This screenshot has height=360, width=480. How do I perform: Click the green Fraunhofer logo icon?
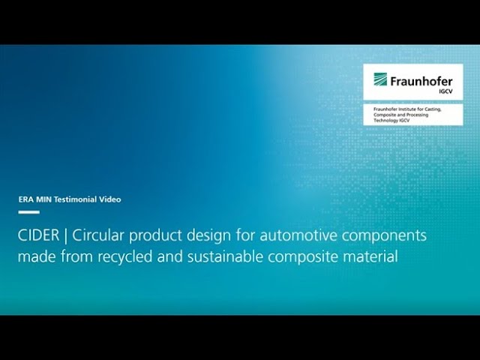tap(380, 79)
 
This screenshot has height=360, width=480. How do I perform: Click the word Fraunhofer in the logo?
tap(421, 82)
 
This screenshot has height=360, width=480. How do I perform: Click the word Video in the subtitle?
tap(110, 199)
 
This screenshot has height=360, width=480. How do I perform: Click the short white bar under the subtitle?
tap(29, 212)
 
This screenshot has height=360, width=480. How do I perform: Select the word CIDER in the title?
tap(38, 235)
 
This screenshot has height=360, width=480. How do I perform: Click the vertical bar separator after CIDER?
tap(65, 236)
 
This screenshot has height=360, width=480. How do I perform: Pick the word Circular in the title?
tap(98, 235)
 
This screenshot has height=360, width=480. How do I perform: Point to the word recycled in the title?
tap(125, 256)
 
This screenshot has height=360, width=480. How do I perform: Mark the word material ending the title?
tap(370, 256)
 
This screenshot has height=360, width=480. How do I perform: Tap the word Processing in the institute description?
tap(418, 115)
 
